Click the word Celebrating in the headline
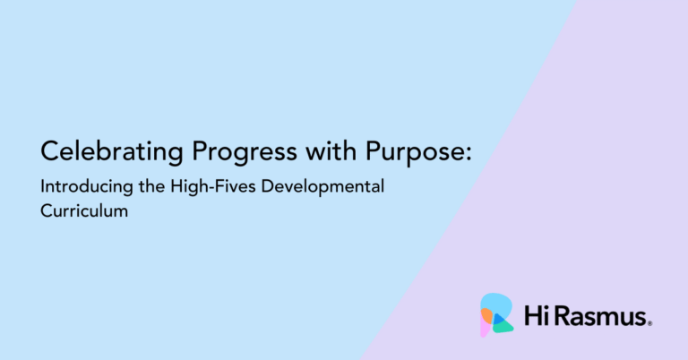pyautogui.click(x=111, y=152)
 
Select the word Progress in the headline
pyautogui.click(x=245, y=152)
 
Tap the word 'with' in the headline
pyautogui.click(x=331, y=150)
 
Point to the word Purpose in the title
pyautogui.click(x=414, y=152)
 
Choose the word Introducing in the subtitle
pyautogui.click(x=87, y=187)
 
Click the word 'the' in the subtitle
pyautogui.click(x=151, y=186)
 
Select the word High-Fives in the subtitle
pyautogui.click(x=213, y=187)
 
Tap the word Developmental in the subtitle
pyautogui.click(x=322, y=187)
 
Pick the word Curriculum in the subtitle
pyautogui.click(x=84, y=211)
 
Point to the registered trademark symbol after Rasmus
pyautogui.click(x=649, y=324)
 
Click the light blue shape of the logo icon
pyautogui.click(x=498, y=303)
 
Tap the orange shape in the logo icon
pyautogui.click(x=486, y=315)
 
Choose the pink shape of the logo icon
pyautogui.click(x=485, y=328)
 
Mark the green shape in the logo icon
pyautogui.click(x=504, y=327)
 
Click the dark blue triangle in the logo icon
pyautogui.click(x=497, y=319)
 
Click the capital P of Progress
pyautogui.click(x=200, y=150)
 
